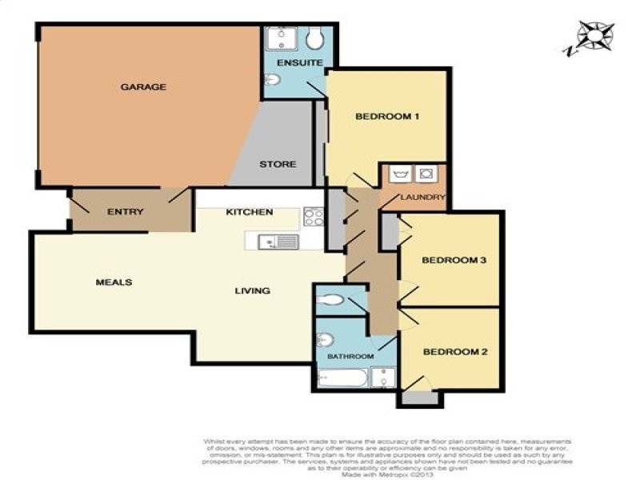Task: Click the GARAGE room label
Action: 143,86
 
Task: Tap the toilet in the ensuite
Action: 315,39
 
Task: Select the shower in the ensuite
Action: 282,38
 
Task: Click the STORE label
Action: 278,164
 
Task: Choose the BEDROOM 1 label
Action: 387,117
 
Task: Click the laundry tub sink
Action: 401,174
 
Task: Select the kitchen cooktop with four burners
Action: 313,216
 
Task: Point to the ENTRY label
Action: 126,212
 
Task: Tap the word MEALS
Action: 114,282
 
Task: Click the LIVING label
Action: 252,290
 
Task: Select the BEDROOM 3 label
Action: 454,261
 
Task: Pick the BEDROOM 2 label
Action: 454,351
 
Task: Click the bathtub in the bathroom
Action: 342,378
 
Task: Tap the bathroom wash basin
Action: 326,340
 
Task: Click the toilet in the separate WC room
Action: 330,301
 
